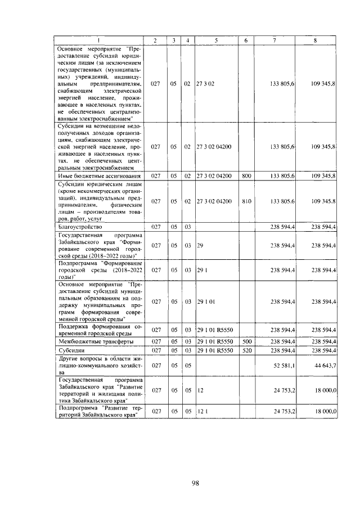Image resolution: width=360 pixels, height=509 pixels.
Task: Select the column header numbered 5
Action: coord(216,40)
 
